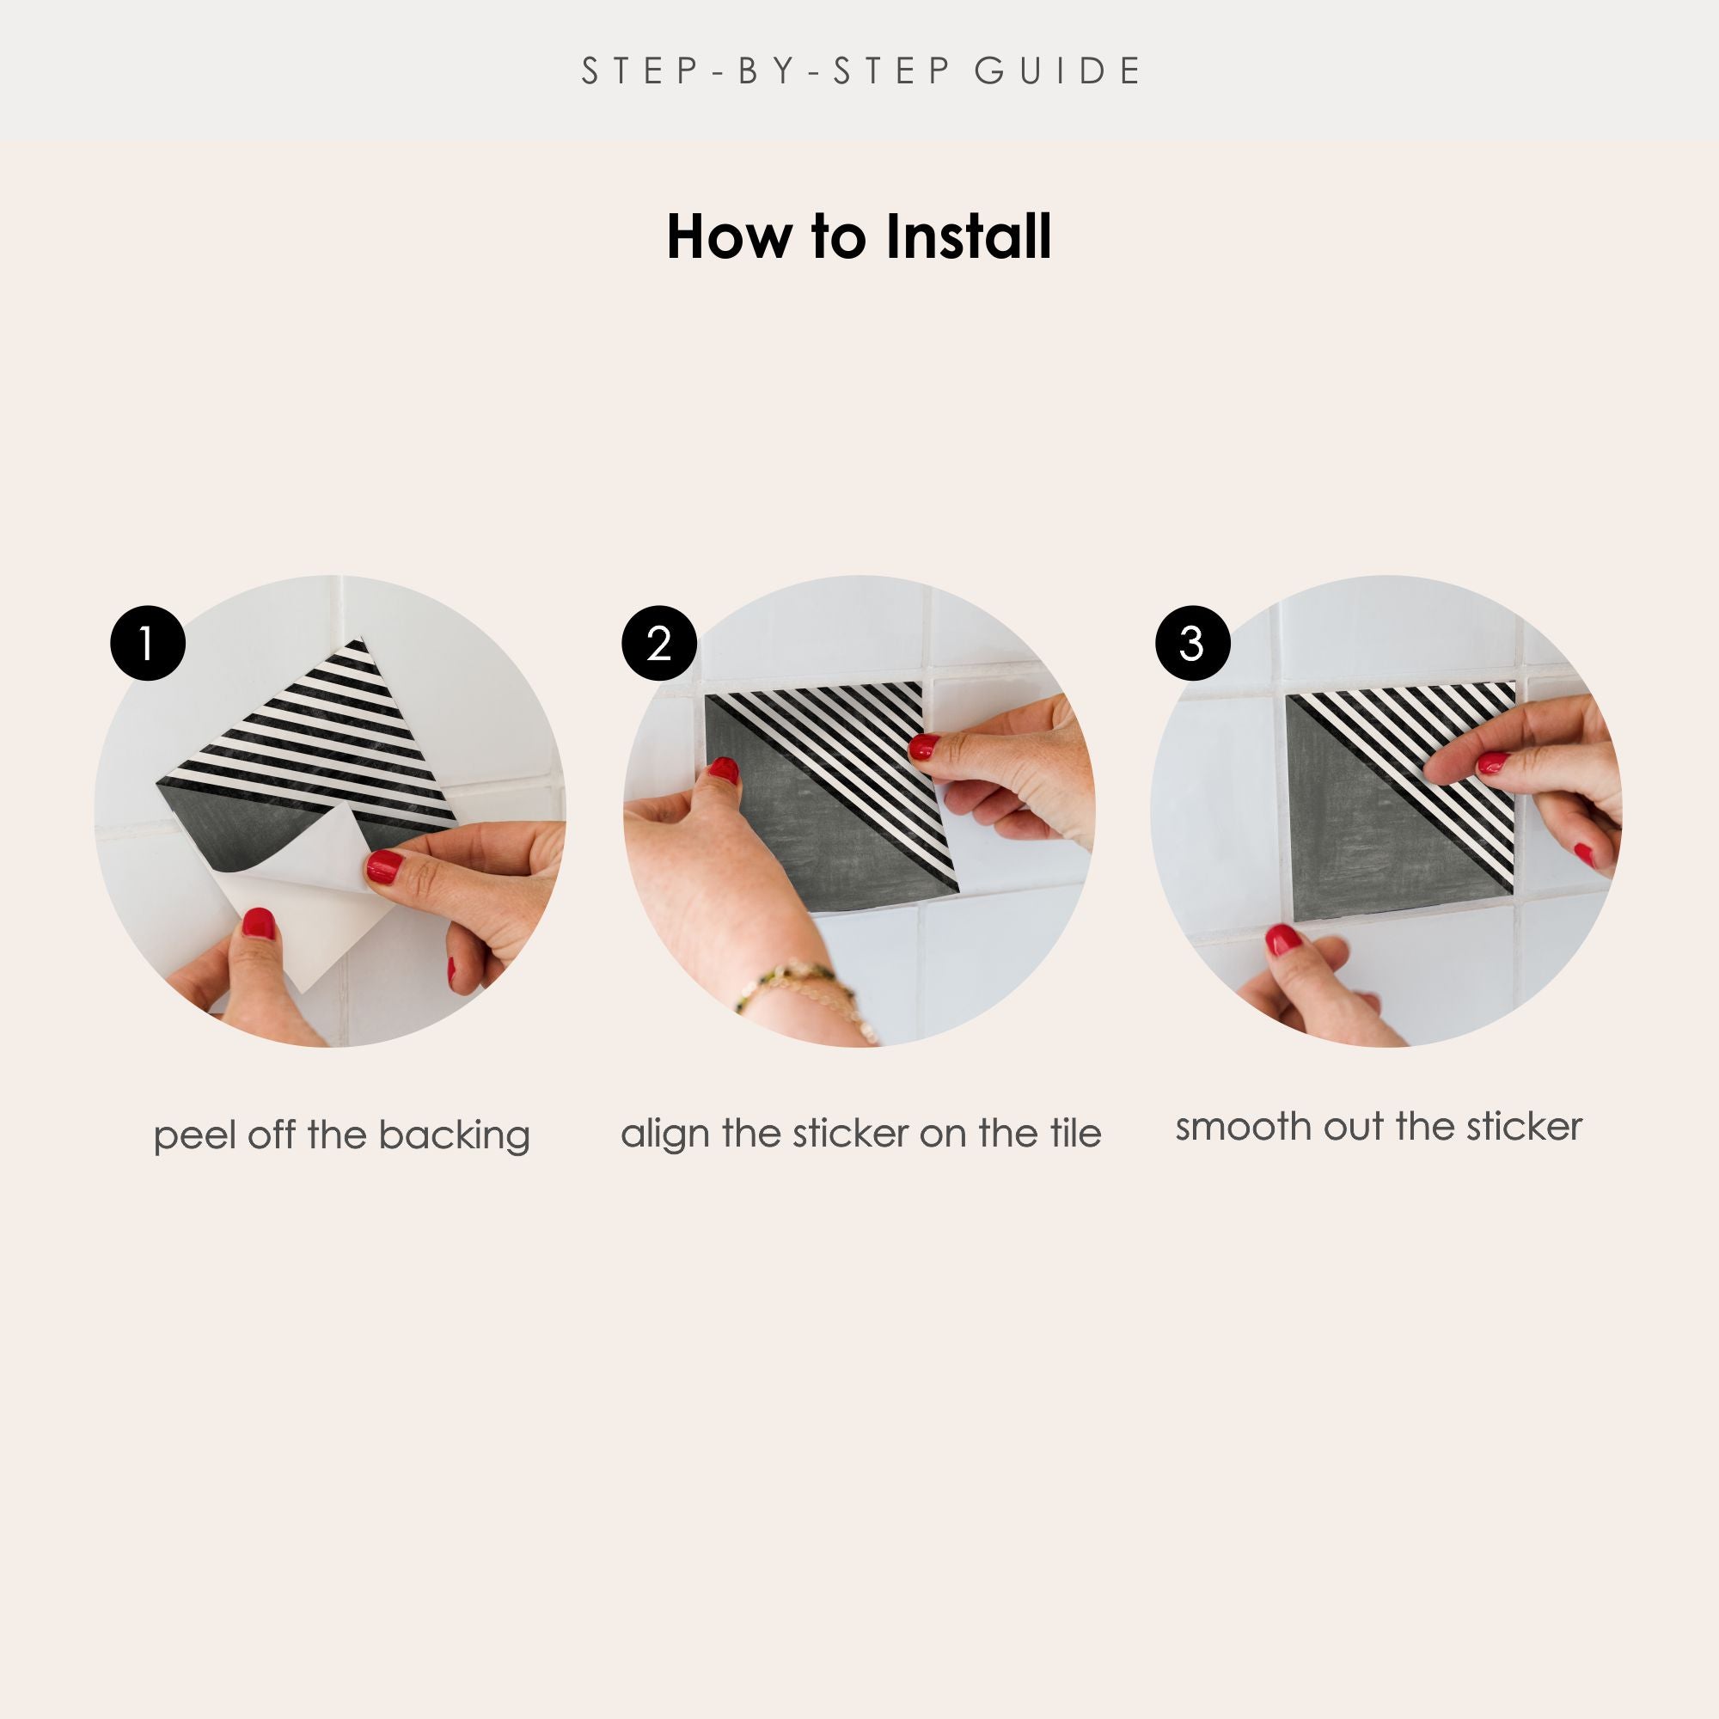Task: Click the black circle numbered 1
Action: pyautogui.click(x=148, y=643)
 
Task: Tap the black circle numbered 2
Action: pyautogui.click(x=658, y=643)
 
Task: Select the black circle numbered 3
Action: pyautogui.click(x=1192, y=643)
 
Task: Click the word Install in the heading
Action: pyautogui.click(x=968, y=237)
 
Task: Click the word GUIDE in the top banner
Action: pyautogui.click(x=1058, y=71)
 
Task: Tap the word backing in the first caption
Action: pyautogui.click(x=454, y=1136)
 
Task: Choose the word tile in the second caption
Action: pyautogui.click(x=1075, y=1133)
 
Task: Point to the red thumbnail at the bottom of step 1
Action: pyautogui.click(x=258, y=926)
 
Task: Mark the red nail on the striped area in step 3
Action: pyautogui.click(x=1492, y=762)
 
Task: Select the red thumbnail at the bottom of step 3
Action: pyautogui.click(x=1282, y=939)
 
